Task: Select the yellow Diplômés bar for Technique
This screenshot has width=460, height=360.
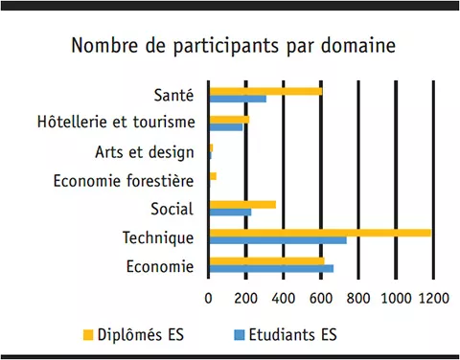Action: (x=320, y=232)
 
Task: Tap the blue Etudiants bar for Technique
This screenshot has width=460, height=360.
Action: (x=278, y=240)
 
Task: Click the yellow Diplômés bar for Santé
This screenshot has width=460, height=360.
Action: (x=265, y=91)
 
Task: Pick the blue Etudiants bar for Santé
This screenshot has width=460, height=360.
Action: (x=238, y=99)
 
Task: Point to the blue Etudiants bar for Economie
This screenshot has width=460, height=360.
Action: (x=271, y=268)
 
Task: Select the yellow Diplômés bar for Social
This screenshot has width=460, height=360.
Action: (x=242, y=204)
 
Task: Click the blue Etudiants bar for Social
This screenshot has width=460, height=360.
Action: (x=230, y=213)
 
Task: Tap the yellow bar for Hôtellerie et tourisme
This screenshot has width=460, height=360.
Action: (x=229, y=120)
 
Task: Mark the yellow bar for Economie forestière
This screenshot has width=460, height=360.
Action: (x=213, y=176)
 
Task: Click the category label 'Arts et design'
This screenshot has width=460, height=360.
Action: (x=145, y=151)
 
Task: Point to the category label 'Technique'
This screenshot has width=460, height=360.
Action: (x=158, y=236)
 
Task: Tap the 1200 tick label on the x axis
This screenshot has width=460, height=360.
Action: (x=433, y=298)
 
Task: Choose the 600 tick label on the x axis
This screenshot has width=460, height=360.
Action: (x=321, y=298)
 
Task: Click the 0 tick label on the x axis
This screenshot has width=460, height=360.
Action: (x=209, y=298)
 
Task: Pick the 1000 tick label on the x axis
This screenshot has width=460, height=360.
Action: (x=395, y=298)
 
